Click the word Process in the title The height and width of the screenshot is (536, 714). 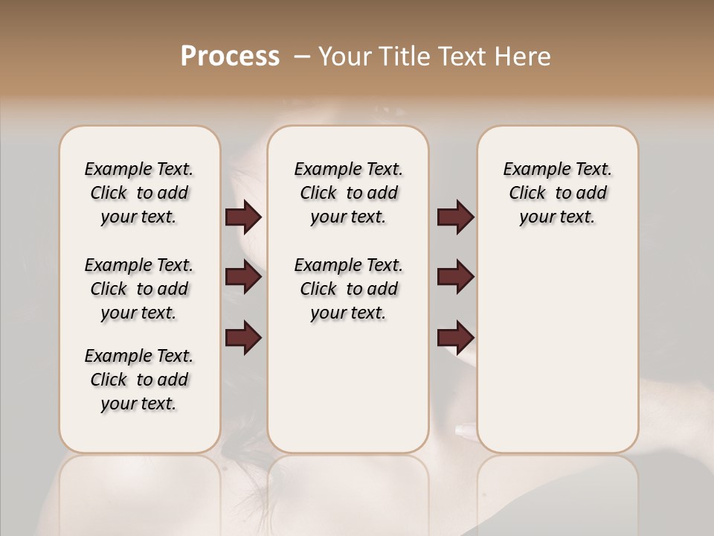coord(230,57)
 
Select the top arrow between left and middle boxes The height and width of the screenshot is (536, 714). coord(243,217)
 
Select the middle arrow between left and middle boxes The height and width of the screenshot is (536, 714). coord(243,277)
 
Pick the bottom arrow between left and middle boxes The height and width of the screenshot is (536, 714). coord(243,336)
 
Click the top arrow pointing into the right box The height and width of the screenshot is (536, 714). coord(455,217)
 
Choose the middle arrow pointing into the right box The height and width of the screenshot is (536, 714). coord(455,277)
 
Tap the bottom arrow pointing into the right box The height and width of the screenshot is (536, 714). coord(455,336)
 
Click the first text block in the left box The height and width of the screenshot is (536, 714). coord(139,193)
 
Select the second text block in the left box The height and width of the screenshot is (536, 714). coord(139,289)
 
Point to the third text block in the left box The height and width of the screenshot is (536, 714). coord(139,380)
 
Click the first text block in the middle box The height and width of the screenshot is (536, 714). coord(348,193)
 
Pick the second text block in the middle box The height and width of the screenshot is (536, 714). coord(348,289)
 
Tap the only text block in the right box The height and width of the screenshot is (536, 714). coord(557,193)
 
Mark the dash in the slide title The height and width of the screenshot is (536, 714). coord(302,57)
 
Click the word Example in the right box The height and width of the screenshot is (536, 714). coord(531,170)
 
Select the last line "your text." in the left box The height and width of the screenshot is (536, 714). coord(139,403)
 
